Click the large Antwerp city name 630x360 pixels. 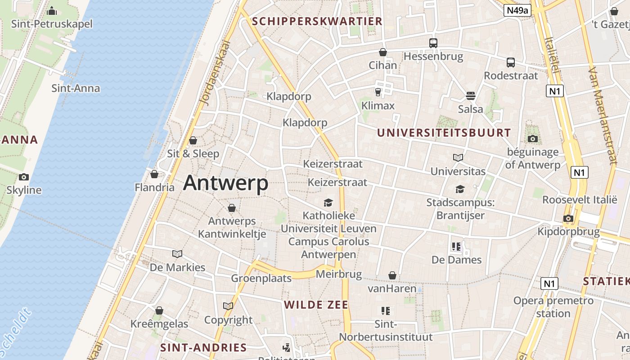click(225, 183)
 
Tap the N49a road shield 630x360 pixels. click(517, 10)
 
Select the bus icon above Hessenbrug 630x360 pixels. click(433, 43)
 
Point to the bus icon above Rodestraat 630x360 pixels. click(511, 63)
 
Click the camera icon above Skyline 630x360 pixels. click(24, 177)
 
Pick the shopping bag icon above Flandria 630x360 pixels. click(154, 174)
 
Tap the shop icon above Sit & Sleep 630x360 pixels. click(193, 140)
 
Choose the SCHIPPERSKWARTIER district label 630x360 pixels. click(317, 21)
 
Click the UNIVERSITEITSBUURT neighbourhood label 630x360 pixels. click(444, 133)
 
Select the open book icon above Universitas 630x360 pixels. click(458, 158)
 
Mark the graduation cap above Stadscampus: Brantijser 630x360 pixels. click(460, 189)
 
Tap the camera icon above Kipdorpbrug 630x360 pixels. click(568, 219)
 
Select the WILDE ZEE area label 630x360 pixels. click(316, 305)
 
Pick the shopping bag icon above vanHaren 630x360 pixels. click(392, 275)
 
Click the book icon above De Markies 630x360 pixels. click(177, 254)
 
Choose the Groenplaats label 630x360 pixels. click(261, 278)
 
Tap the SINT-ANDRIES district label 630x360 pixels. click(203, 347)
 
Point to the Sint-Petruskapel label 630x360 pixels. click(52, 23)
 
